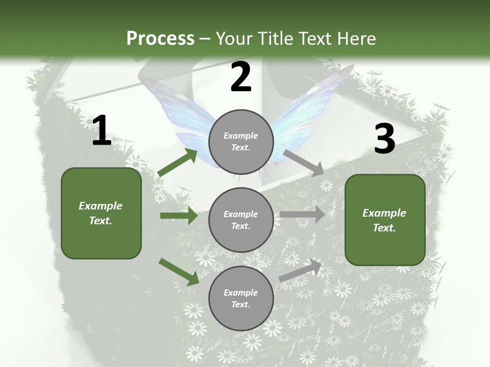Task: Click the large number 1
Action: [x=102, y=131]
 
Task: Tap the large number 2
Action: [x=241, y=77]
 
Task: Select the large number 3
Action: [x=385, y=139]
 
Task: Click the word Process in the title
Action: [x=160, y=39]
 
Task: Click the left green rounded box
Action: [x=101, y=213]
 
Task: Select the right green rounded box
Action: [x=385, y=220]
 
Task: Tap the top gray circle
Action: [x=241, y=142]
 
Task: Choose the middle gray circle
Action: [x=241, y=220]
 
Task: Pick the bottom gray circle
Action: [x=241, y=299]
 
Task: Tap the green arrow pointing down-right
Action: [x=179, y=272]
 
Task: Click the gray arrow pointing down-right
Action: [x=304, y=163]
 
